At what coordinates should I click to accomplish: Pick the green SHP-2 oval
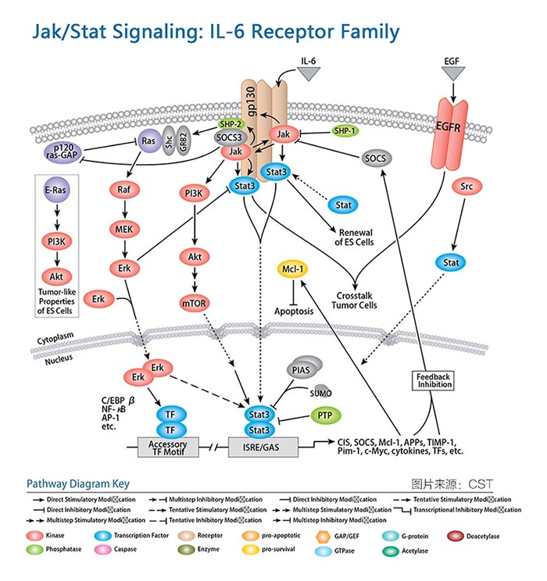point(231,124)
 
